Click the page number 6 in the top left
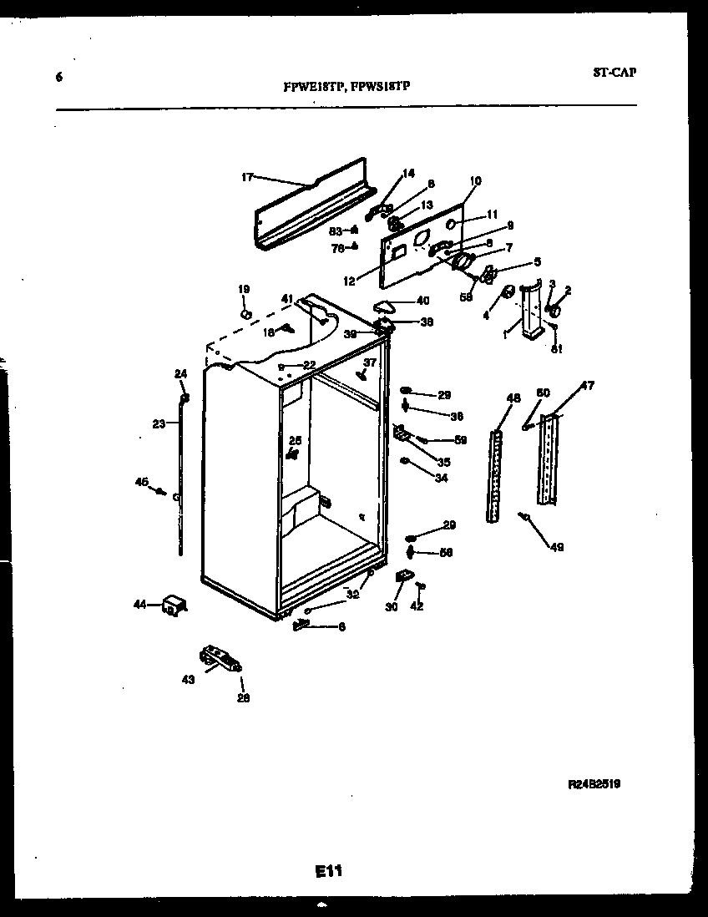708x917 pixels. [58, 78]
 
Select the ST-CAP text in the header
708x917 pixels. [614, 72]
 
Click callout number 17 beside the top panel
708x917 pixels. [247, 177]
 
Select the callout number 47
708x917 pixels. [588, 386]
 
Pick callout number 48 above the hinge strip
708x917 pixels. [513, 398]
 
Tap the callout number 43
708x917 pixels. [188, 680]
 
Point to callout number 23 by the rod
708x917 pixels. [159, 423]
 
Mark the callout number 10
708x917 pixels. [475, 180]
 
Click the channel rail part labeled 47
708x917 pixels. [548, 458]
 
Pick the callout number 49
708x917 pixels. [556, 547]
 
